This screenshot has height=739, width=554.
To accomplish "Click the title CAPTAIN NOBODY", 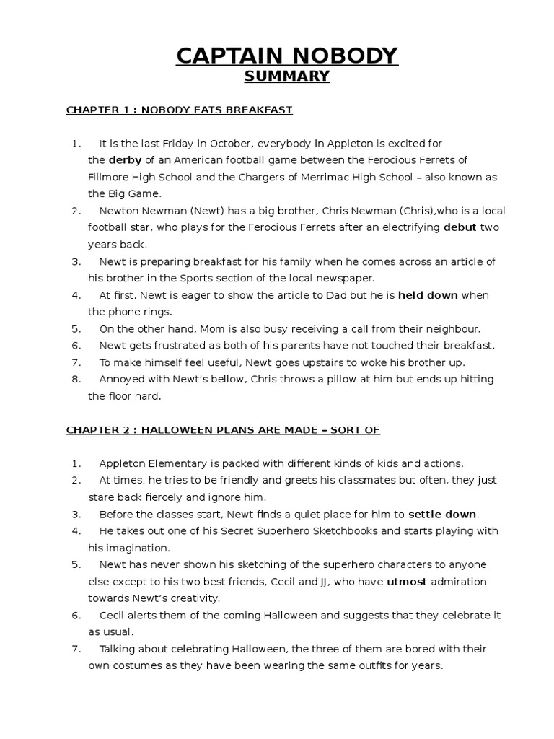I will tap(287, 56).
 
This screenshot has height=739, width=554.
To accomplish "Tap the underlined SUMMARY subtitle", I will tap(287, 76).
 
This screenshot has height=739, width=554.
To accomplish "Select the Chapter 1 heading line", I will tap(179, 110).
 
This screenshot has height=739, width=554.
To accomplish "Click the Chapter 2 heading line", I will tap(223, 430).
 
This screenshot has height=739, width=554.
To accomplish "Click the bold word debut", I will tap(460, 227).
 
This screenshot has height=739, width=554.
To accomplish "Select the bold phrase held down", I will tap(428, 295).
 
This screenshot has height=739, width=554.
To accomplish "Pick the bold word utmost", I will tap(407, 582).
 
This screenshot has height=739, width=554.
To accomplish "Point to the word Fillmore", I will tap(110, 177).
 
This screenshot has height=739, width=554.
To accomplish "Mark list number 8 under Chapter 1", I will tap(76, 380).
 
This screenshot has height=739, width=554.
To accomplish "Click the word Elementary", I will tap(176, 463).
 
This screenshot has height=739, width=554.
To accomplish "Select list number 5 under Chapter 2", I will tap(76, 564).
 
